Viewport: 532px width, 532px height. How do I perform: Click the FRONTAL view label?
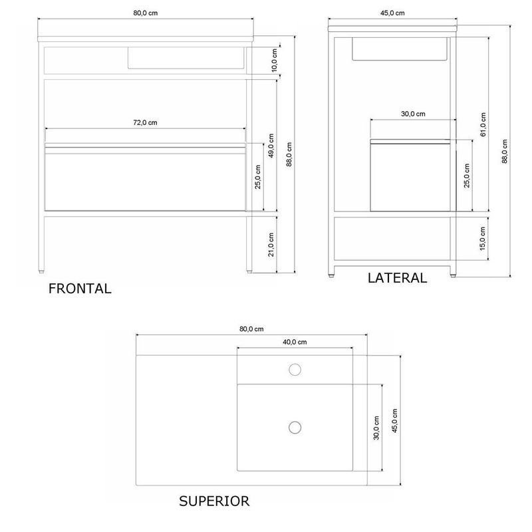pyautogui.click(x=80, y=289)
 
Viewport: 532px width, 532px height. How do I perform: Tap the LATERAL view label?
pyautogui.click(x=397, y=278)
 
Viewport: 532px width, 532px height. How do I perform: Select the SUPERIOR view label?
pyautogui.click(x=214, y=501)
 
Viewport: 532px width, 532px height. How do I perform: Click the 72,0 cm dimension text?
pyautogui.click(x=145, y=122)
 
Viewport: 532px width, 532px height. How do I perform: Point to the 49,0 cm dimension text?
pyautogui.click(x=271, y=146)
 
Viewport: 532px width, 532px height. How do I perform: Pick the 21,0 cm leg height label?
pyautogui.click(x=271, y=245)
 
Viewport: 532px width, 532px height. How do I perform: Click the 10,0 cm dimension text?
pyautogui.click(x=275, y=60)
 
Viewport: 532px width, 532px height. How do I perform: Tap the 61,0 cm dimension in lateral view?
pyautogui.click(x=483, y=124)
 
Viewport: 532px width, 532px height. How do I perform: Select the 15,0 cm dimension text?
pyautogui.click(x=483, y=239)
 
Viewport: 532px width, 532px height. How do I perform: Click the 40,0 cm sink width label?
pyautogui.click(x=295, y=342)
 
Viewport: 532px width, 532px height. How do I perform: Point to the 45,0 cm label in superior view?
pyautogui.click(x=394, y=421)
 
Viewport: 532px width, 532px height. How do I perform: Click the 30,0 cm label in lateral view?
pyautogui.click(x=413, y=114)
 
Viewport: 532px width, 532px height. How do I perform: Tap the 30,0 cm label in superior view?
pyautogui.click(x=376, y=428)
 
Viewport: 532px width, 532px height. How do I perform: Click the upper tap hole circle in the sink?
pyautogui.click(x=295, y=370)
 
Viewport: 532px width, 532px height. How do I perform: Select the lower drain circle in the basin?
pyautogui.click(x=295, y=428)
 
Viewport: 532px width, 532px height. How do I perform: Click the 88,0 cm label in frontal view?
pyautogui.click(x=289, y=154)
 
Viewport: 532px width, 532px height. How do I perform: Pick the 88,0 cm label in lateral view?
pyautogui.click(x=505, y=152)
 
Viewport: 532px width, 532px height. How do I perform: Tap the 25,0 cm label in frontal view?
pyautogui.click(x=258, y=177)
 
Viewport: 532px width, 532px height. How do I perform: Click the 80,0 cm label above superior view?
pyautogui.click(x=251, y=329)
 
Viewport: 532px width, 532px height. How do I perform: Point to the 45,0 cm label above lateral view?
pyautogui.click(x=392, y=13)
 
